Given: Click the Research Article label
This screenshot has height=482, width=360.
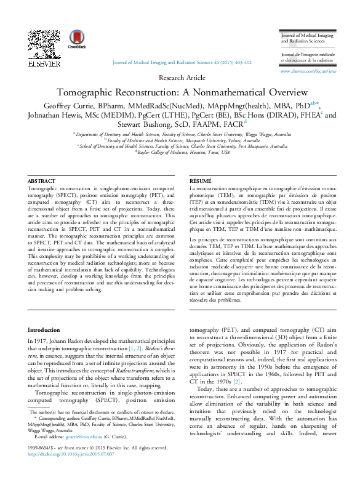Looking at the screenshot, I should (182, 78).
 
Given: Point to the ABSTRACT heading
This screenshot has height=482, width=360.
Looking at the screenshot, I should (41, 180).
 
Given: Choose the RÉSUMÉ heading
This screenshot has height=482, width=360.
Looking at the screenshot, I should (201, 180).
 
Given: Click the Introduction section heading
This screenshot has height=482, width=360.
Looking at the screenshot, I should (44, 331).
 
